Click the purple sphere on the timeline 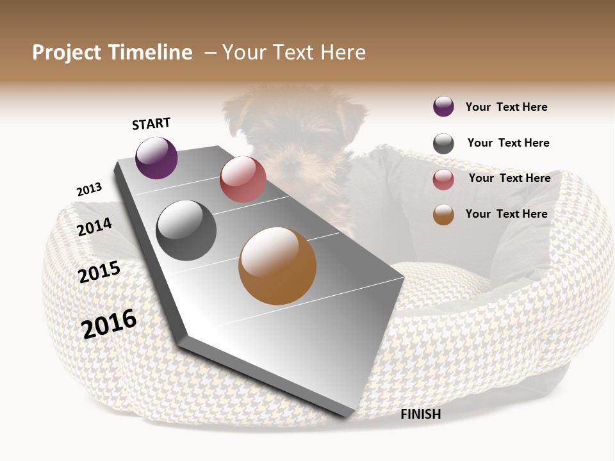(156, 158)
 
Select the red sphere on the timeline (243, 179)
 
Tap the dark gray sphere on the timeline (186, 230)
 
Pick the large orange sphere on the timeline (277, 266)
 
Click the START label (151, 124)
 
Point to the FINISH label (420, 414)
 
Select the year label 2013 (89, 190)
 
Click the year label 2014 (94, 227)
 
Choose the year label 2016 (110, 323)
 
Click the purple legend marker (443, 106)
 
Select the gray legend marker (443, 143)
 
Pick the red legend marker (443, 179)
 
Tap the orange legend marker (443, 215)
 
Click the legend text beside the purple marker (506, 107)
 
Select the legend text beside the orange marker (506, 214)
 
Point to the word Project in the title (67, 53)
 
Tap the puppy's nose (291, 160)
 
